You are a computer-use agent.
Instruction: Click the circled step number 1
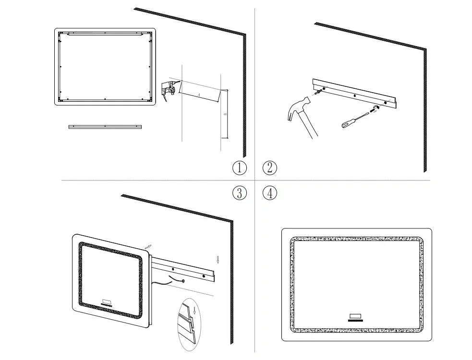(239, 168)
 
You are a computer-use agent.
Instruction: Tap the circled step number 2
(270, 168)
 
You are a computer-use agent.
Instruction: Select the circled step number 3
(239, 193)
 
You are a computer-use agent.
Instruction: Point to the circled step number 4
(270, 193)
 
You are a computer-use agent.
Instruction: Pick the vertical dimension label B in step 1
(225, 115)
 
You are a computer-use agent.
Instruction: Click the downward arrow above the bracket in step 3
(218, 260)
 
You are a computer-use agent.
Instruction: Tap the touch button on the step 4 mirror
(356, 316)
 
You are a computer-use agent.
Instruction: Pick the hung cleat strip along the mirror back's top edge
(105, 34)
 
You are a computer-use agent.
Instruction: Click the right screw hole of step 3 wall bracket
(204, 277)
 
